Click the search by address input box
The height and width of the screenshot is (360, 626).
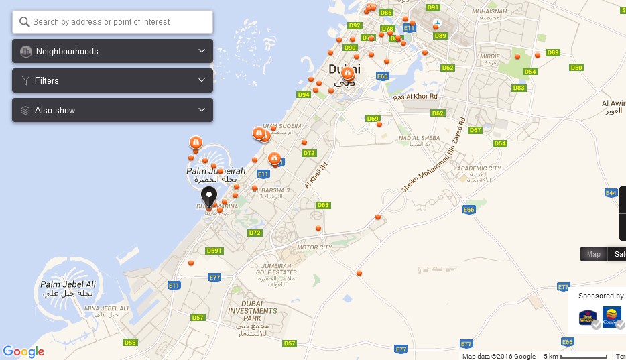tap(113, 22)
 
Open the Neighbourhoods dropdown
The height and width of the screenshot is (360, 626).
tap(113, 51)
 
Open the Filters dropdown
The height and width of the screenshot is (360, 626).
tap(113, 80)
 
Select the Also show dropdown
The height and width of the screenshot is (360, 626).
tap(113, 110)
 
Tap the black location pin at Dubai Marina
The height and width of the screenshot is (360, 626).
tap(209, 196)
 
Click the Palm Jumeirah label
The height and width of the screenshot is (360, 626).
tap(215, 172)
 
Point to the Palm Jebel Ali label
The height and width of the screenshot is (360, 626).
tap(67, 284)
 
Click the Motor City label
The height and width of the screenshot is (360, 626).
tap(314, 248)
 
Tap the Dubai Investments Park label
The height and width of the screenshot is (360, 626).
tap(252, 311)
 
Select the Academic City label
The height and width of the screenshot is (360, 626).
tap(479, 169)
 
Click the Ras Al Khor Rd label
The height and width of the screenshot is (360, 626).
tap(416, 97)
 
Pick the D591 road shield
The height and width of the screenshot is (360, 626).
tap(214, 251)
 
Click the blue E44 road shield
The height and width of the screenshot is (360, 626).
tap(611, 193)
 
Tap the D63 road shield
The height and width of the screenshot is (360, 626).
tap(323, 205)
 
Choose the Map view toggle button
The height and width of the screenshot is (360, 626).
tap(594, 254)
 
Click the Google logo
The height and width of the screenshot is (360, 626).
tap(23, 351)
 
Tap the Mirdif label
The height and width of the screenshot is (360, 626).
tap(490, 56)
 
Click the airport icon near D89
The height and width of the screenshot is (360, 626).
tap(437, 25)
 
